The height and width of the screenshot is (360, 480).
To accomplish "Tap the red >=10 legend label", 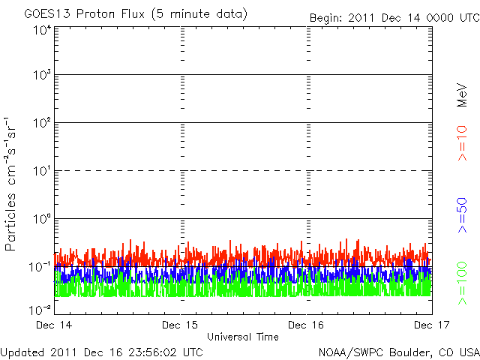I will coord(462,142).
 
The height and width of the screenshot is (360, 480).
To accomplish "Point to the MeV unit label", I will coord(462,94).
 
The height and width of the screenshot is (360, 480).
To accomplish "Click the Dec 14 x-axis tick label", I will coord(52,325).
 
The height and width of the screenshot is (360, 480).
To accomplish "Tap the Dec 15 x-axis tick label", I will coord(181,325).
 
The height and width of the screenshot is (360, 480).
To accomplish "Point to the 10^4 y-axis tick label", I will coord(42,29).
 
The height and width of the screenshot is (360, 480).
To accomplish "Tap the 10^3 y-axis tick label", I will coord(42,75).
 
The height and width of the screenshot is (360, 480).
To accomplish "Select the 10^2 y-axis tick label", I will coord(42,123).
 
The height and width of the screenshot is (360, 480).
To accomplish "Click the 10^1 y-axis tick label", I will coord(42,171).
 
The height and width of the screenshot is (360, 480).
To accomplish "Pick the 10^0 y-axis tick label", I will coord(42,219).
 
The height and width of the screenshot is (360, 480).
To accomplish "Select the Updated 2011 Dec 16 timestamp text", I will coord(102,351).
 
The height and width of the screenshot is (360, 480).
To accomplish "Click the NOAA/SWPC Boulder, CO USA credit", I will coord(398,351).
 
